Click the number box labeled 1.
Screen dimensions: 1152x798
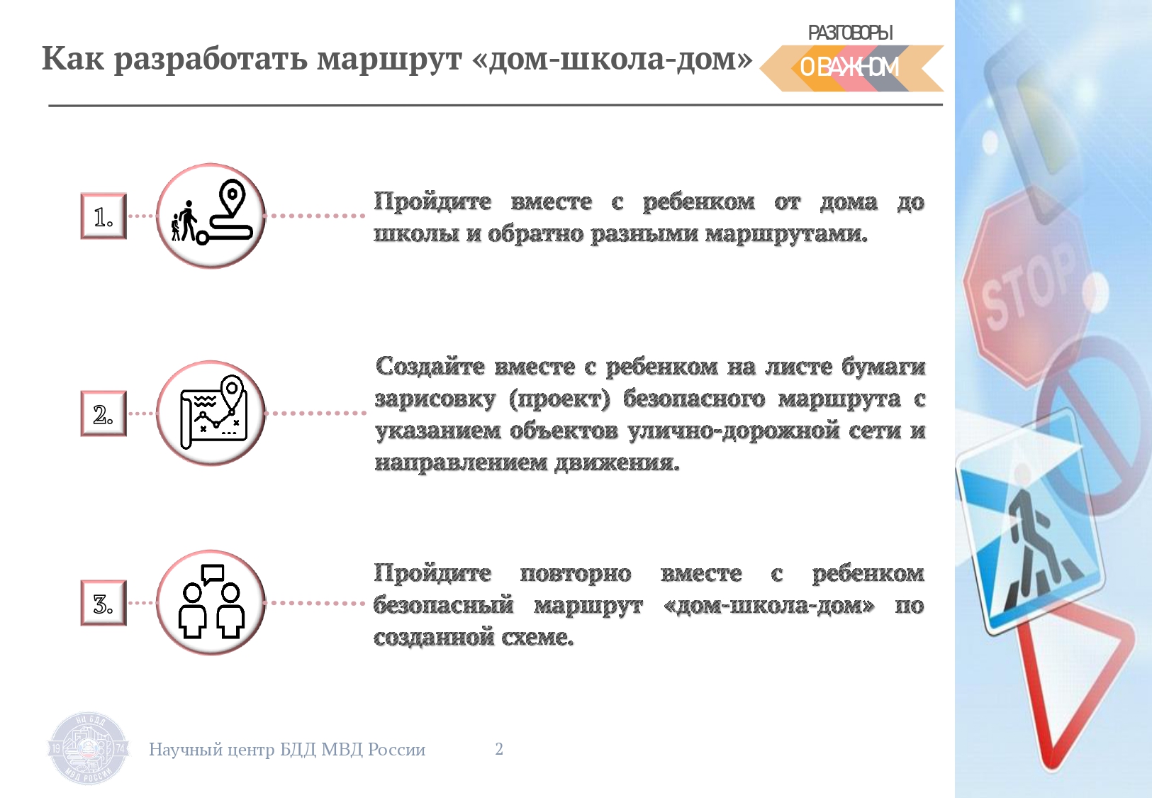tap(104, 216)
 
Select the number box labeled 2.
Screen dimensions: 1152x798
tap(104, 414)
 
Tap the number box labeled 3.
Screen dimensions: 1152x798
tap(104, 603)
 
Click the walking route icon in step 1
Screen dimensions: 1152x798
tap(211, 211)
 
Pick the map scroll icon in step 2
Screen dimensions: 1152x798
tap(213, 412)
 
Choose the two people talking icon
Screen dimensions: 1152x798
tap(211, 602)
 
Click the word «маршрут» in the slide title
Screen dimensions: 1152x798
tap(389, 60)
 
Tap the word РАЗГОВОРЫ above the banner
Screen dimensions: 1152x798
tap(850, 33)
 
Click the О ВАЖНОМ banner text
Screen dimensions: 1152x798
tap(849, 67)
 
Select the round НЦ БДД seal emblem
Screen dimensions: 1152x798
tap(88, 748)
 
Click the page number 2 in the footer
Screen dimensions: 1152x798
tap(499, 748)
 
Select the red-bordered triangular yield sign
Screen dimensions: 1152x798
tap(1073, 689)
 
